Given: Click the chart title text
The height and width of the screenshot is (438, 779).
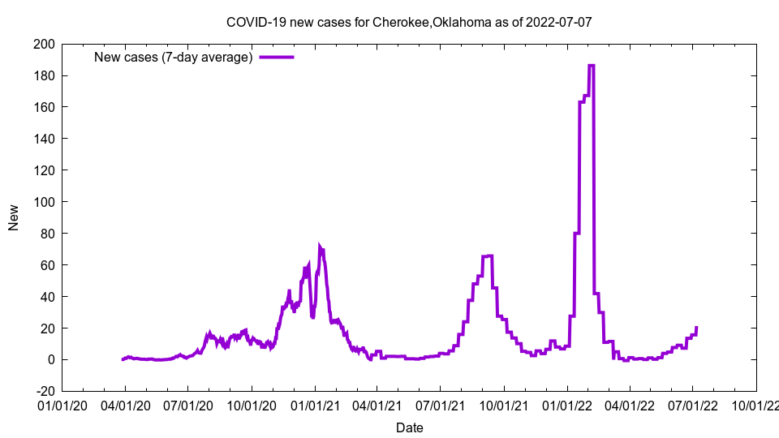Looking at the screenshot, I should pyautogui.click(x=409, y=22).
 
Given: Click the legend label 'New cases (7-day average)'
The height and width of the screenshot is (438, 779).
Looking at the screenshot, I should pyautogui.click(x=174, y=58).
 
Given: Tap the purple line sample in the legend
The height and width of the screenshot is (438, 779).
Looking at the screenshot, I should pyautogui.click(x=277, y=58).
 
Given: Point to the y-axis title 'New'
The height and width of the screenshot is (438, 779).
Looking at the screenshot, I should pyautogui.click(x=14, y=217).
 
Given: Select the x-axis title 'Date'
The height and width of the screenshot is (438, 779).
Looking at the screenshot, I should pyautogui.click(x=409, y=427).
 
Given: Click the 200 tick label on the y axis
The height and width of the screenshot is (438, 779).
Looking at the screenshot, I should pyautogui.click(x=45, y=44).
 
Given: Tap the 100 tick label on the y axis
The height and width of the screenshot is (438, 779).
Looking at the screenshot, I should pyautogui.click(x=45, y=202).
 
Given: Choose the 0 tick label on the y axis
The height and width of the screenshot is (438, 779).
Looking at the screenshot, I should pyautogui.click(x=50, y=360).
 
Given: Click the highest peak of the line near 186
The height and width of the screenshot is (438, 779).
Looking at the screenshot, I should pyautogui.click(x=592, y=66).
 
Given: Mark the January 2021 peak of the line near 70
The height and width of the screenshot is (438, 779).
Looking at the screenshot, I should pyautogui.click(x=320, y=247).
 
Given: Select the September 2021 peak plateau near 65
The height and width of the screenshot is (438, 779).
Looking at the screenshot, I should pyautogui.click(x=488, y=256).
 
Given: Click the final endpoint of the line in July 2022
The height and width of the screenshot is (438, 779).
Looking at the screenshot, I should pyautogui.click(x=696, y=328).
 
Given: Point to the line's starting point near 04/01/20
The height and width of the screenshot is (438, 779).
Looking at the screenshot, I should pyautogui.click(x=123, y=359).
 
